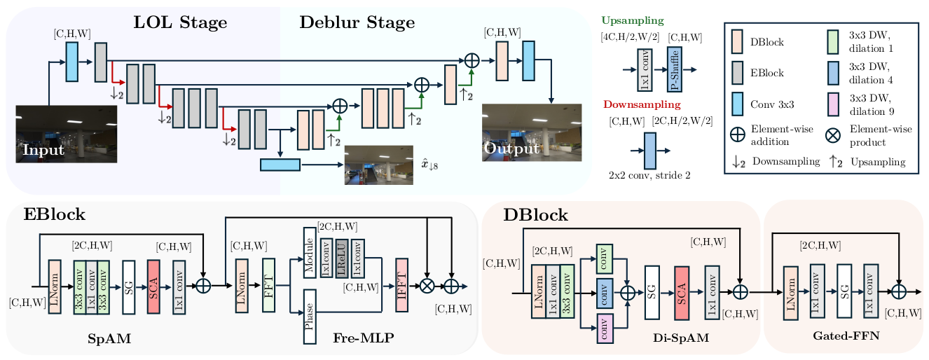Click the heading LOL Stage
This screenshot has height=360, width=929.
(180, 22)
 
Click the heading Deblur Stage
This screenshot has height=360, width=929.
(357, 22)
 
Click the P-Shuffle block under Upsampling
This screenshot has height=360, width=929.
(674, 69)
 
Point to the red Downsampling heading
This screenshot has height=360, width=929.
(641, 105)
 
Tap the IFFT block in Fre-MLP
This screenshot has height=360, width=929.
(402, 285)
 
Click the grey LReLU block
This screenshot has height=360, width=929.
(342, 258)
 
